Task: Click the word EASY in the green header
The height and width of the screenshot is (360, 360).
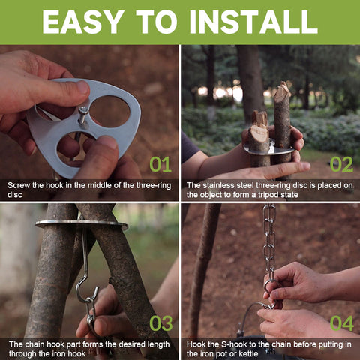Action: click(83, 22)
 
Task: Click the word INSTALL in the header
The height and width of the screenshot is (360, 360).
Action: click(253, 22)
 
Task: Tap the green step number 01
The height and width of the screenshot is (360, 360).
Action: click(160, 164)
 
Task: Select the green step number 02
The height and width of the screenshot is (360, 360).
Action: click(341, 164)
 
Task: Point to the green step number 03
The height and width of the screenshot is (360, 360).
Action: click(161, 323)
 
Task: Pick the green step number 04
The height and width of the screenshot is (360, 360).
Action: click(342, 323)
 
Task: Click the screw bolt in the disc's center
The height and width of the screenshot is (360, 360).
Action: click(83, 116)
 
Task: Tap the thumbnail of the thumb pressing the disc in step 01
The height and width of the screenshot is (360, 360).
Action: click(83, 88)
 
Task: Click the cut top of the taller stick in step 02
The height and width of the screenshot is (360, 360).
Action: click(283, 89)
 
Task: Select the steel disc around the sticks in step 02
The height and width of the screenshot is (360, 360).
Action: click(268, 150)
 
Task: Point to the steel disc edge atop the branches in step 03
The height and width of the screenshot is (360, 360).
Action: click(82, 223)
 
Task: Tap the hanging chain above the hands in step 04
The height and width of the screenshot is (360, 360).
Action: click(269, 240)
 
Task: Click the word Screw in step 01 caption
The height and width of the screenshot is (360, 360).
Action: click(19, 185)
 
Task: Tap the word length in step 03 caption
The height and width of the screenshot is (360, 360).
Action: click(158, 344)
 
